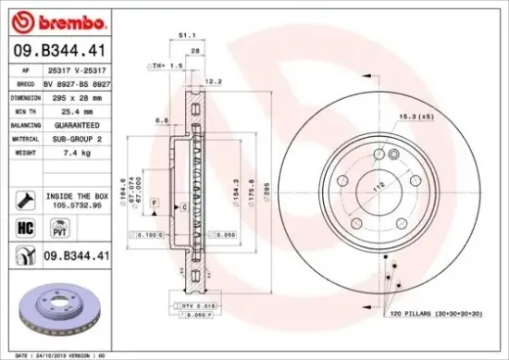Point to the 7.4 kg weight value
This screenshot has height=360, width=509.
click(74, 151)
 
